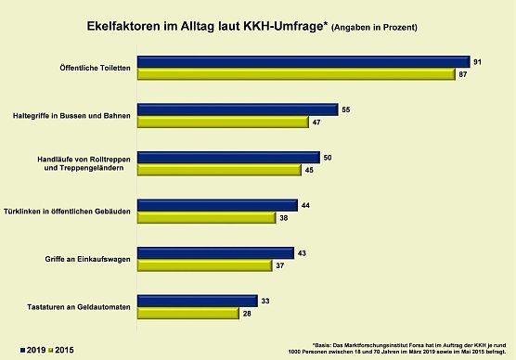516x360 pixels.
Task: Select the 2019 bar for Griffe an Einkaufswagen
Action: pyautogui.click(x=214, y=253)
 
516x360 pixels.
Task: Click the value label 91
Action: pyautogui.click(x=478, y=61)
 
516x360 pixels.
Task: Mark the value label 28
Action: pyautogui.click(x=246, y=314)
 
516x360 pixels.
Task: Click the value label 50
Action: pyautogui.click(x=328, y=158)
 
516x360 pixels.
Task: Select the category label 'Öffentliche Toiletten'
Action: pyautogui.click(x=96, y=69)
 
